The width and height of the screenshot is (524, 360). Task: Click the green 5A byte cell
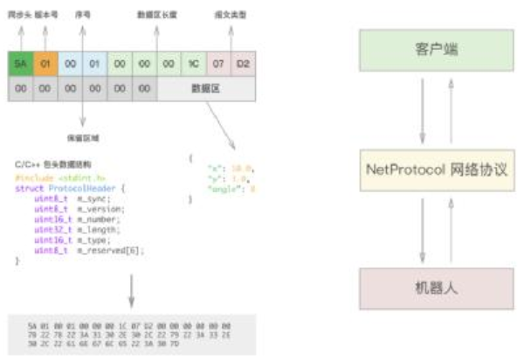21,64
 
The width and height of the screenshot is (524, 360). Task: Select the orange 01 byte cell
45,64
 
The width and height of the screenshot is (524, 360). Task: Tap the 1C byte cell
194,64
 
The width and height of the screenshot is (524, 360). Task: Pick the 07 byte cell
219,64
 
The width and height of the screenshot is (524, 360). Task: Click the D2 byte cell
244,64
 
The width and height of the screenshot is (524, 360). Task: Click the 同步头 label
19,16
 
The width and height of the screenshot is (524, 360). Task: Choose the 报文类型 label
230,16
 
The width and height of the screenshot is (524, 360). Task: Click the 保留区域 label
82,137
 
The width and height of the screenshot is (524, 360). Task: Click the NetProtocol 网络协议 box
434,169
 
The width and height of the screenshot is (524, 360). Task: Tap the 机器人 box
434,287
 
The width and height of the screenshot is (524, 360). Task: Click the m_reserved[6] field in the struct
110,251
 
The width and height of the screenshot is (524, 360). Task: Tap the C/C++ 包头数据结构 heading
52,164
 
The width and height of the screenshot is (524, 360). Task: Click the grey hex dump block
131,332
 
